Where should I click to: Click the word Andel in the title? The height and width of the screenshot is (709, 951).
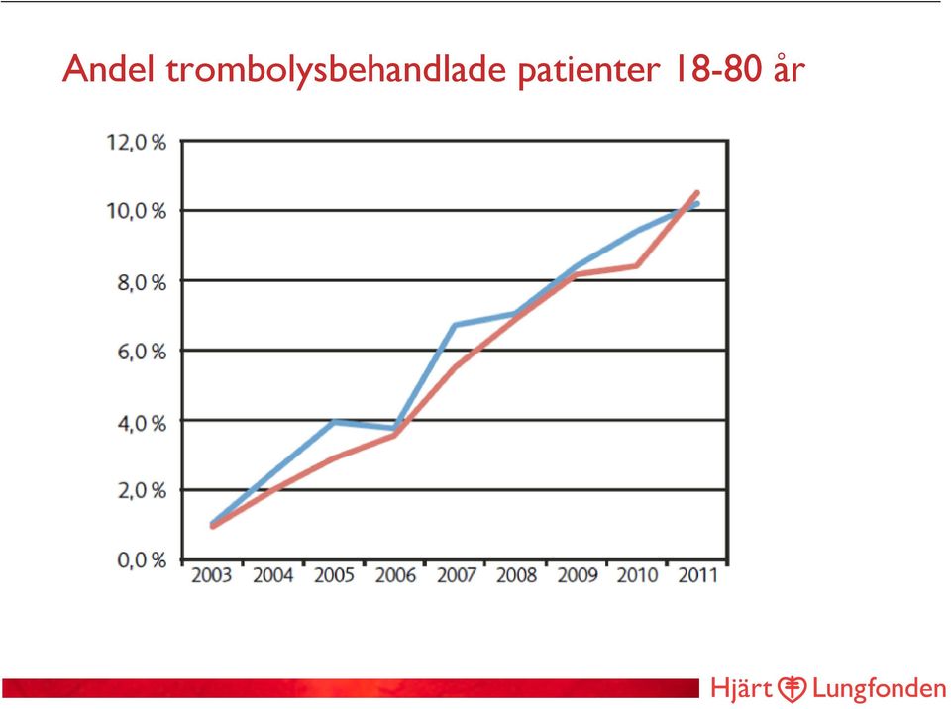pos(109,68)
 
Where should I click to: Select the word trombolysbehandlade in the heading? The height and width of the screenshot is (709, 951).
pos(337,70)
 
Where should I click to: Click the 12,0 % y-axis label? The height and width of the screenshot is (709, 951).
pos(137,142)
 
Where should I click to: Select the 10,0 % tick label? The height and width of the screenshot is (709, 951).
pos(137,211)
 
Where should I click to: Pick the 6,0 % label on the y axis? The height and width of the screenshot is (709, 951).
pos(142,352)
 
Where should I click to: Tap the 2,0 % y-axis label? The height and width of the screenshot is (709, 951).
pos(142,490)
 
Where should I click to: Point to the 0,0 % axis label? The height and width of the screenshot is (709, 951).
pos(142,559)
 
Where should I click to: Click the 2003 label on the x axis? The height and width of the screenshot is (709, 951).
pos(212,575)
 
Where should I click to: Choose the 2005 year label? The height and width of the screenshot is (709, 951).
pos(334,575)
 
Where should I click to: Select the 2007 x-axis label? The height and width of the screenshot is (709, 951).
pos(456,575)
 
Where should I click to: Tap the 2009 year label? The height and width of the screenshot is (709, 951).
pos(578,575)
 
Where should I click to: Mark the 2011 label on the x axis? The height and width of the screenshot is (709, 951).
pos(698,575)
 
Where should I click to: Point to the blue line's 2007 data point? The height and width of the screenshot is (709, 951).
pos(455,325)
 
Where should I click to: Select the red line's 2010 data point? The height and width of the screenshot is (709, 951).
pos(636,265)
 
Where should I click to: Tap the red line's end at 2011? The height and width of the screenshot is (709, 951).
pos(696,193)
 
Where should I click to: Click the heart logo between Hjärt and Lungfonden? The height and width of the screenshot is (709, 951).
pos(792,689)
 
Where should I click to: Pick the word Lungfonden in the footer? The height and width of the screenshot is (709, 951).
pos(880,689)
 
